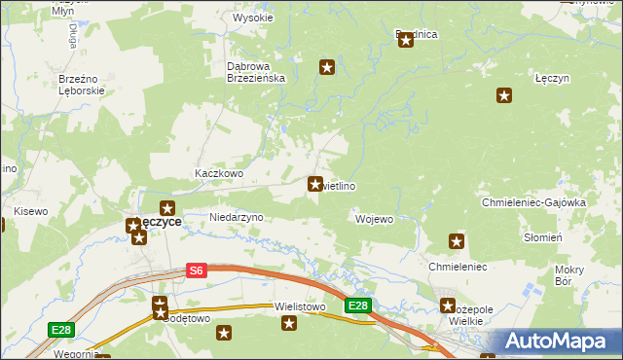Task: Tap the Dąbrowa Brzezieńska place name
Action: coord(255,73)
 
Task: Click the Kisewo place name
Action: coord(29,211)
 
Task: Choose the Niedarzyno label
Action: coord(237,217)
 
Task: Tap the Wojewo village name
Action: coord(375,219)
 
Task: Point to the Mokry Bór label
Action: coord(568,275)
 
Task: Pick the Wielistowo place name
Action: coord(300,306)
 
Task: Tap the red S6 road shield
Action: coord(197,271)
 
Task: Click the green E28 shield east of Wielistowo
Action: coord(358,306)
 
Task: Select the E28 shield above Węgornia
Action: coord(61,332)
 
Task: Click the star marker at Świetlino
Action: coord(315,183)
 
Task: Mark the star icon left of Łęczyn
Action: coord(504,95)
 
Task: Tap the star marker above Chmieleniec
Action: coord(456,241)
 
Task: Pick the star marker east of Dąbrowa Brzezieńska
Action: coord(327,67)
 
